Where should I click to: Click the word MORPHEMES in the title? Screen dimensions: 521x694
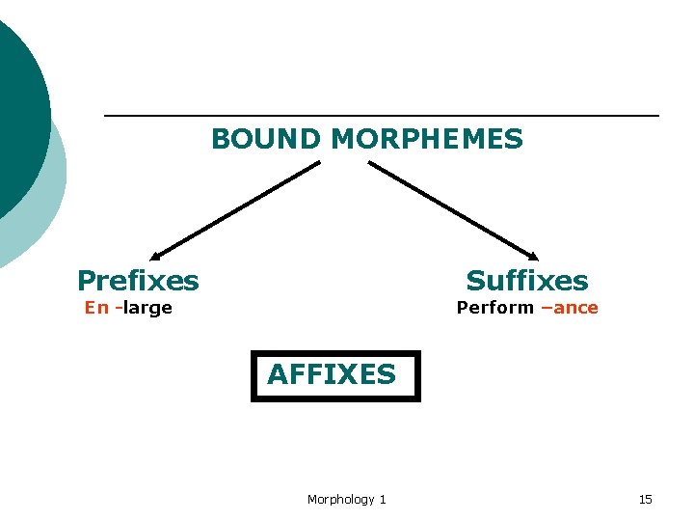coord(426,140)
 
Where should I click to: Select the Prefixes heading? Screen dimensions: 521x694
coord(138,281)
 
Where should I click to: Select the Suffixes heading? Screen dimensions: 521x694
coord(526,281)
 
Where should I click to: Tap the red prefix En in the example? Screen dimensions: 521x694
coord(96,308)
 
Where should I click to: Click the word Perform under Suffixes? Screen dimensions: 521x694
coord(494,308)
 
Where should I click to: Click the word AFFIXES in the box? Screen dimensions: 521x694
coord(332,374)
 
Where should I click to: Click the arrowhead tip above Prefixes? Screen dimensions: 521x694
coord(154,255)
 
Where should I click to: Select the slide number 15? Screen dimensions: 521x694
coord(645,499)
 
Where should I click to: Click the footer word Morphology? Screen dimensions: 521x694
coord(340,499)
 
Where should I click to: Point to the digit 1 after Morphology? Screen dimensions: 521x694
coord(383,499)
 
